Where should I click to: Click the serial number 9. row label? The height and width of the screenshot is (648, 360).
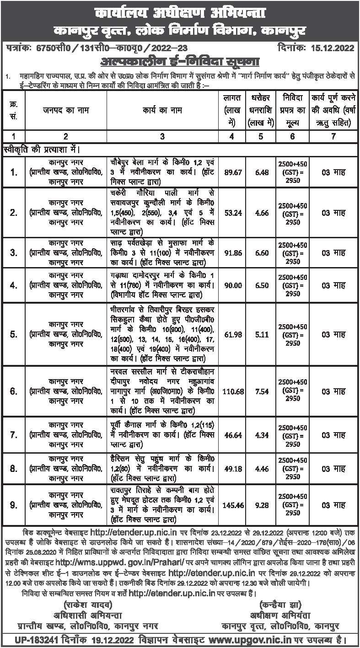(x=14, y=505)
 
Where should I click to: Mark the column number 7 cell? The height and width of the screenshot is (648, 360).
(x=332, y=136)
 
